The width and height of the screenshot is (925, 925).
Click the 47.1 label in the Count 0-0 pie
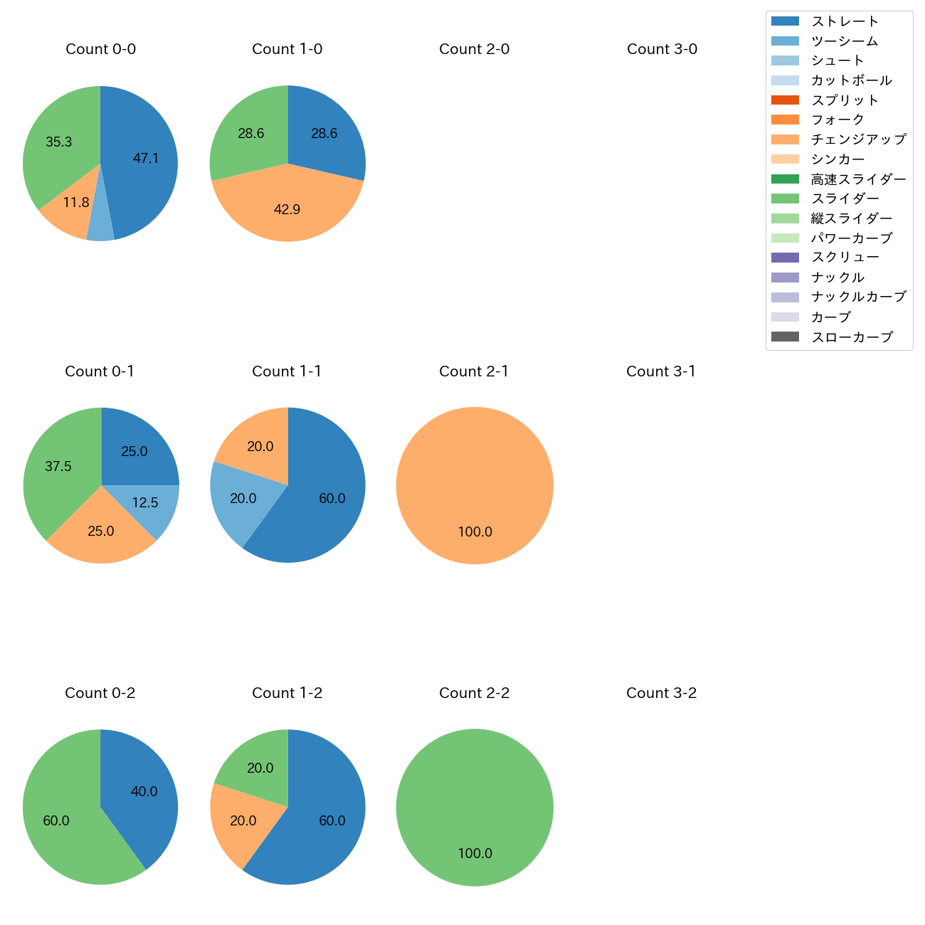146,159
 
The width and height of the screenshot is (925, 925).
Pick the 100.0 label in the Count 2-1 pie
475,532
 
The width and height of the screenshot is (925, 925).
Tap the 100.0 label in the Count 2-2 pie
475,853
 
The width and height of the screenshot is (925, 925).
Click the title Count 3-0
662,49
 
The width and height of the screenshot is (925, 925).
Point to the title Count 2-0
474,49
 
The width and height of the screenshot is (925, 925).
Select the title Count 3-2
661,693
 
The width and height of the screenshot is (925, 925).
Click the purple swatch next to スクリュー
785,258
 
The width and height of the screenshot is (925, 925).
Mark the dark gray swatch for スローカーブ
785,337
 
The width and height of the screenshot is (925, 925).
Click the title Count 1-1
287,371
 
